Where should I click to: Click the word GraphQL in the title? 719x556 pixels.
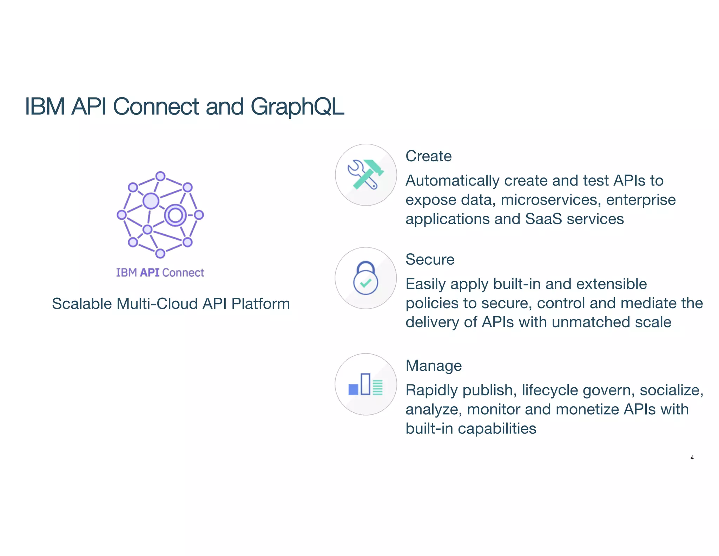click(297, 106)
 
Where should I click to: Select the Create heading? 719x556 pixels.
click(428, 156)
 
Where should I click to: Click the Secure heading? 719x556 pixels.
click(430, 259)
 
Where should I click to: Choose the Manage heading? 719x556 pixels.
click(434, 366)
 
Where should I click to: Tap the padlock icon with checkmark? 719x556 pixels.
click(365, 278)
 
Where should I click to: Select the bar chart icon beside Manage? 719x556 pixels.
click(365, 384)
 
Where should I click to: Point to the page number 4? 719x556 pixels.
click(692, 458)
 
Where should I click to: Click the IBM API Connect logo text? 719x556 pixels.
click(160, 273)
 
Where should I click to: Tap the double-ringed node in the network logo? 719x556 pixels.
click(175, 215)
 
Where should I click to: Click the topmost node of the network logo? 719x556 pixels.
click(160, 176)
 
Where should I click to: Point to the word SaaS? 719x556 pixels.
click(543, 219)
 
